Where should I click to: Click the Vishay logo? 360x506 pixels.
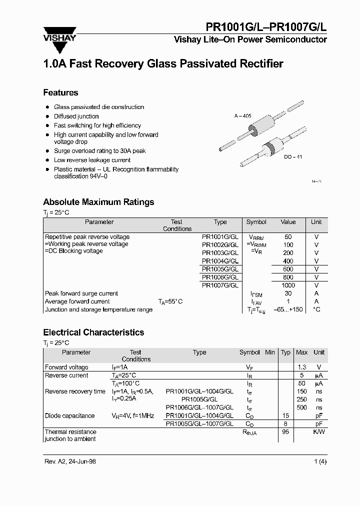tap(59, 38)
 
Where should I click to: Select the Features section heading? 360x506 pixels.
tap(60, 92)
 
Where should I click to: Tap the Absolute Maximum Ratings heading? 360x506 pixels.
tap(98, 202)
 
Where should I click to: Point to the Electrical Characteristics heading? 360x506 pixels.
tap(93, 332)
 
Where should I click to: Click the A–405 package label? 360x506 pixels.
tap(242, 116)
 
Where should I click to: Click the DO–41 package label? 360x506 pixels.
tap(293, 156)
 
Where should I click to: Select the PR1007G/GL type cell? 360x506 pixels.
tap(220, 285)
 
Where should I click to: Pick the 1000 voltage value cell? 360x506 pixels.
tap(288, 285)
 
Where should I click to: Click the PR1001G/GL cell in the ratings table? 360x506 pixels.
tap(220, 236)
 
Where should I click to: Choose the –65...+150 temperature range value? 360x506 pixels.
tap(288, 309)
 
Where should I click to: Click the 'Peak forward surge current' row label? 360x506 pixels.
tap(81, 293)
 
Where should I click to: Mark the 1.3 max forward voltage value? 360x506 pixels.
tap(301, 367)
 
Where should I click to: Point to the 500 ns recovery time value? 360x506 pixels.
tap(301, 407)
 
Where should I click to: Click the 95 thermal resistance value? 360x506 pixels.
tap(285, 431)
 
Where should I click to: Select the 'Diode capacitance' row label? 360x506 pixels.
tap(69, 415)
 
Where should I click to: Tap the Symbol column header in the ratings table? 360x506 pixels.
tap(256, 222)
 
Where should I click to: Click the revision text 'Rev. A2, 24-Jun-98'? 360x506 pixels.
tap(70, 461)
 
